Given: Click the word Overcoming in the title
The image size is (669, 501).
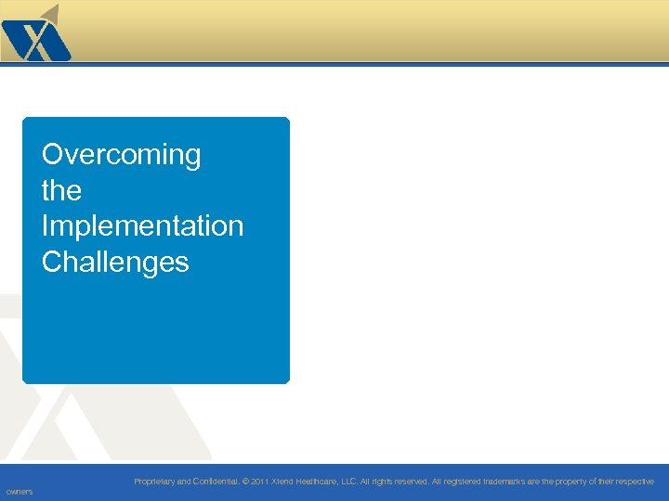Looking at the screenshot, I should coord(121,154).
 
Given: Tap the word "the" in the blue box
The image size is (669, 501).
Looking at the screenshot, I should coord(61,190).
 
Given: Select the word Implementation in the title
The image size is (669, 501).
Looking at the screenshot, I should coord(142,225).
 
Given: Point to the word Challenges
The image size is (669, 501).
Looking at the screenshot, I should coord(115,262).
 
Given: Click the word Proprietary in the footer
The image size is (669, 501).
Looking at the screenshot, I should coord(153,482).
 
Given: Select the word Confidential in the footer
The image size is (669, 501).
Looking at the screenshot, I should coord(214,482).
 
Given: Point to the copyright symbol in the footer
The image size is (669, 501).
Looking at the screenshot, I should coord(245,482).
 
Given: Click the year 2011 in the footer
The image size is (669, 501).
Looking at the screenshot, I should coord(260,482).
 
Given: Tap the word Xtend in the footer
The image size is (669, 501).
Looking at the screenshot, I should coord(282,482).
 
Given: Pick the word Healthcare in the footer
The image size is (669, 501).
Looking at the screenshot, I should coord(319,482).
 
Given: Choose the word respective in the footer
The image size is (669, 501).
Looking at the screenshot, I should coord(633,482).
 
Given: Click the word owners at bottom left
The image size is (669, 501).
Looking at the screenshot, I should coord(19,492).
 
